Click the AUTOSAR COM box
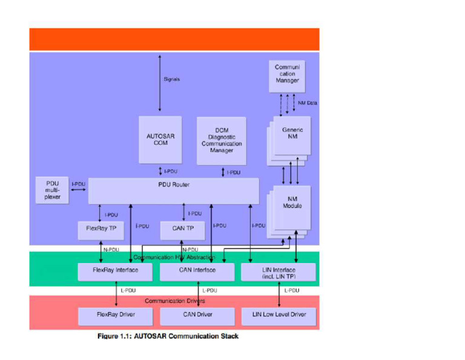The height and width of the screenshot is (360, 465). coord(160,139)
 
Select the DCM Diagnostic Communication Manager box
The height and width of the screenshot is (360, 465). coord(222,141)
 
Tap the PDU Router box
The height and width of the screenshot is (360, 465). coord(174,190)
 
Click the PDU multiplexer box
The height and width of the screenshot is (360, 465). coord(52,190)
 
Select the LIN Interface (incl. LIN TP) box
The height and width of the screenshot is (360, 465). coord(279,273)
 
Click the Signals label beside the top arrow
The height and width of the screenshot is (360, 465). coord(171,79)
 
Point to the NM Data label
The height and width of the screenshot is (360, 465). coord(308,103)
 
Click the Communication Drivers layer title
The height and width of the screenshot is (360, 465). coord(174,301)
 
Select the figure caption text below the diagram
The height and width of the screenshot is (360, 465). coord(168,336)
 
